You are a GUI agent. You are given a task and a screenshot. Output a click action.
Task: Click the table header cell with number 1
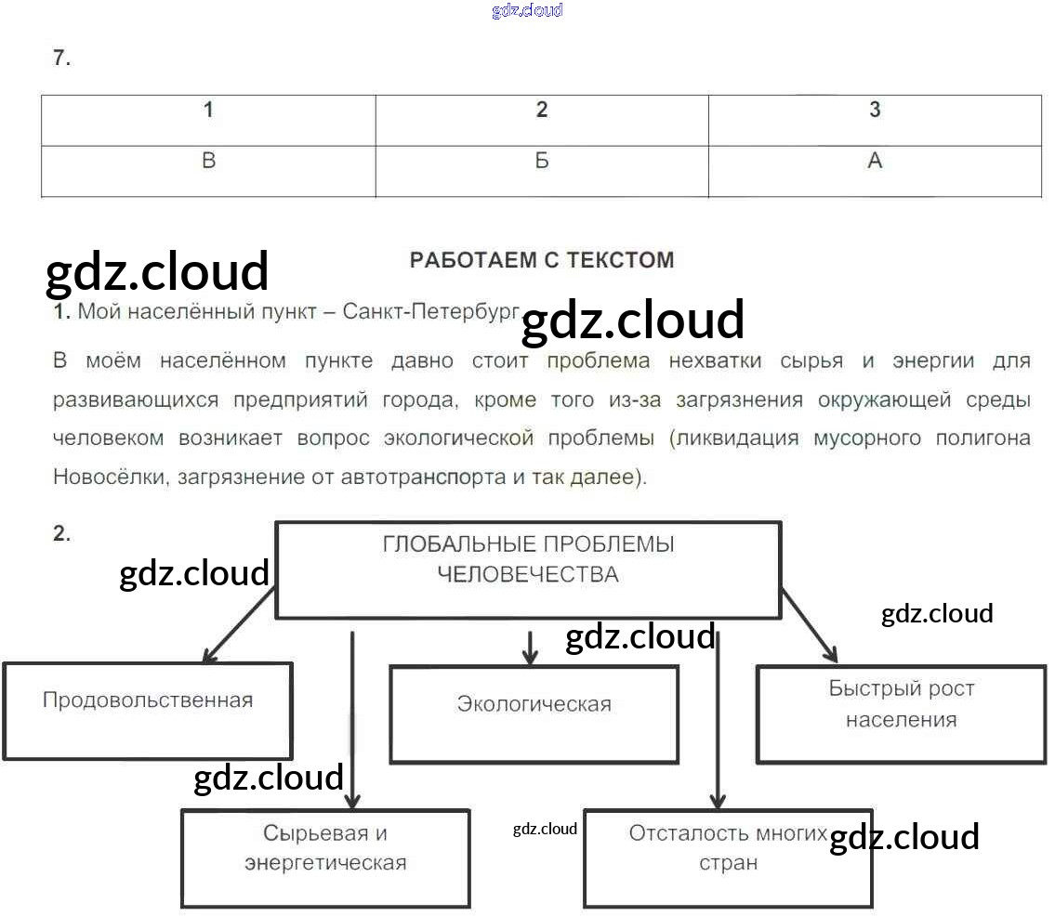coord(208,120)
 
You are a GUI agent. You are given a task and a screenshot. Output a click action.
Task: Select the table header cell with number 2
coord(542,120)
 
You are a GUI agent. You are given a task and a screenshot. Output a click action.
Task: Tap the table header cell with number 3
coord(875,120)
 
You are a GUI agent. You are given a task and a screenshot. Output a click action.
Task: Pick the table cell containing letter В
coord(208,171)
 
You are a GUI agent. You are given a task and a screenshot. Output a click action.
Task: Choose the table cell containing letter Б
coord(542,171)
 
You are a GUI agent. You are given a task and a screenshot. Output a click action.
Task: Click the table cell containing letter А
coord(875,171)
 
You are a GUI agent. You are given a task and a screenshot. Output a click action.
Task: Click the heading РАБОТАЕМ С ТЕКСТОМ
coord(542,260)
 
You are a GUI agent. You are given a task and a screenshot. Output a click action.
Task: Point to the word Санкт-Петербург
coord(430,311)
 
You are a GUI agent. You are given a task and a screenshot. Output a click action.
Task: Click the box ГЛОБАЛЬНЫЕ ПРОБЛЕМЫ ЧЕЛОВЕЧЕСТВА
coord(528,569)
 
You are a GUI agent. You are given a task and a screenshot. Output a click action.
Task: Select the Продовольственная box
coord(148,711)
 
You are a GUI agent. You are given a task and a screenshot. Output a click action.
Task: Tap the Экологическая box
coord(534,713)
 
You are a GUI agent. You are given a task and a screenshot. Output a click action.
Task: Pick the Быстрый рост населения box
coord(901,713)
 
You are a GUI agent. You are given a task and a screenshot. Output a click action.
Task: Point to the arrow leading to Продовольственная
coord(238,628)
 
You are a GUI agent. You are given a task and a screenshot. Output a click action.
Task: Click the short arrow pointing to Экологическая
coord(530,648)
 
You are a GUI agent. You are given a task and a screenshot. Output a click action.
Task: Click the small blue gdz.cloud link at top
coord(527,10)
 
